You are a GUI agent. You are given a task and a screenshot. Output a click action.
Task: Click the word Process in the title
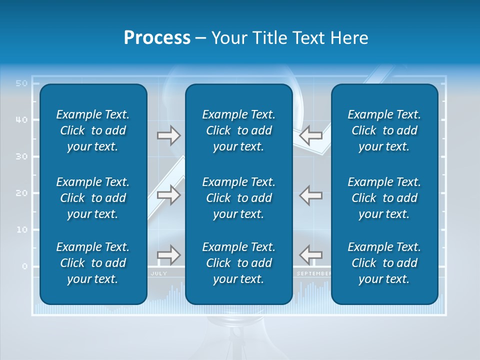pos(157,38)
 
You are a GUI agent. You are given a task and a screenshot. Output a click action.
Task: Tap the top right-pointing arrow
pos(169,135)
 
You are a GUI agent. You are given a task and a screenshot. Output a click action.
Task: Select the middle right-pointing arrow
pos(169,195)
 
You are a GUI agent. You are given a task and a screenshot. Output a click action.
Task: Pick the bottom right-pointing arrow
pos(169,255)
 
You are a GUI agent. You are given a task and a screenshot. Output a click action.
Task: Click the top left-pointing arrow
pos(310,135)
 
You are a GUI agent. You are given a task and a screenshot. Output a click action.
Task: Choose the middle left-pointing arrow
pos(310,195)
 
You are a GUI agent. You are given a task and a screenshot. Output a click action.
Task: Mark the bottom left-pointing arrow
pos(310,255)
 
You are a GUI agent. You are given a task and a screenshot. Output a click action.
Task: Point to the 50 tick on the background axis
pos(21,83)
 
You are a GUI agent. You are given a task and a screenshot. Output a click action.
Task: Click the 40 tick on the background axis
pos(21,120)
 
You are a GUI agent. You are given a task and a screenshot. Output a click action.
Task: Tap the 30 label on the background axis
pos(21,156)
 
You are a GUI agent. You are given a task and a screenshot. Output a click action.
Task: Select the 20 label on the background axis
pos(21,193)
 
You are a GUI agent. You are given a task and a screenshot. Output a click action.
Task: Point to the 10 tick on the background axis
pos(21,229)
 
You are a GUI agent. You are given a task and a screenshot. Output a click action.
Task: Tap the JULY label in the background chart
pos(159,274)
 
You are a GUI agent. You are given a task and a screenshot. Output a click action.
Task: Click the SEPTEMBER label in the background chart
pos(313,274)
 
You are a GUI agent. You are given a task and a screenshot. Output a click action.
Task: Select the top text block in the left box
pos(93,130)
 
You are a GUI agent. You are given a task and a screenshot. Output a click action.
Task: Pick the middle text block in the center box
pos(238,198)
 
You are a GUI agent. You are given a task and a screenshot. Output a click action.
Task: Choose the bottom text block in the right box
pos(384,263)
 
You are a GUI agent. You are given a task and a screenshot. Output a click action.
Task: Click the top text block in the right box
pos(384,130)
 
